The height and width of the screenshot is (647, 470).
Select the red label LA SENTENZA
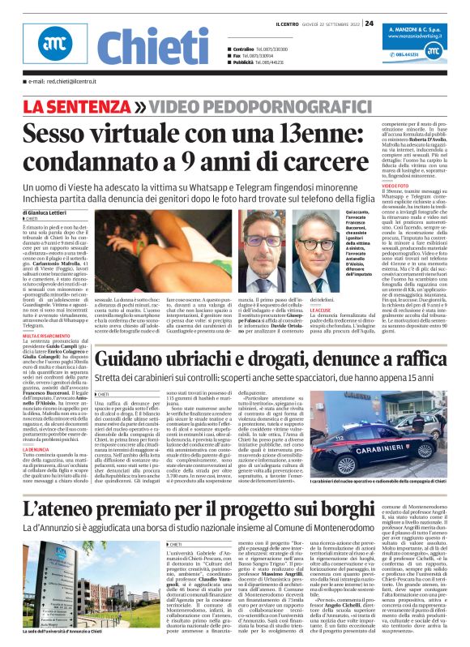tap(73, 106)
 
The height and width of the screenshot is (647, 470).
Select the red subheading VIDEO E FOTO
tap(395, 186)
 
